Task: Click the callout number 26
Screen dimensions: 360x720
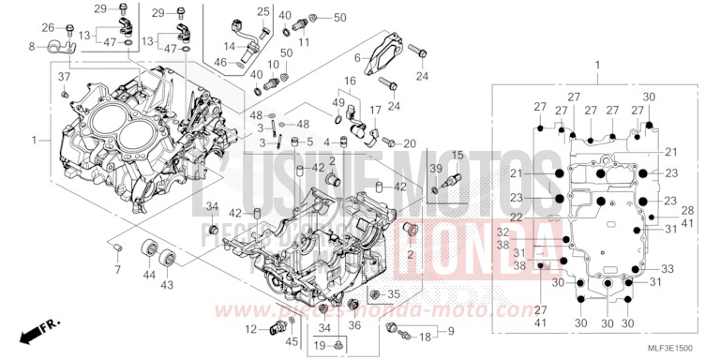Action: click(47, 27)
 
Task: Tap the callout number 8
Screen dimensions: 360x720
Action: click(31, 46)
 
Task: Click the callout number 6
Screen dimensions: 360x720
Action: click(357, 57)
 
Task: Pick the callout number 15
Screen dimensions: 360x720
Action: click(457, 154)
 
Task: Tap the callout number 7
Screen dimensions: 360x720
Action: click(117, 270)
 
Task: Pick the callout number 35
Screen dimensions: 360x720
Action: click(394, 293)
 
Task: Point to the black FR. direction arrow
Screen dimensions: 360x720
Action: click(40, 329)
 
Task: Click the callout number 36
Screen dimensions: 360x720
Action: click(354, 325)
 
